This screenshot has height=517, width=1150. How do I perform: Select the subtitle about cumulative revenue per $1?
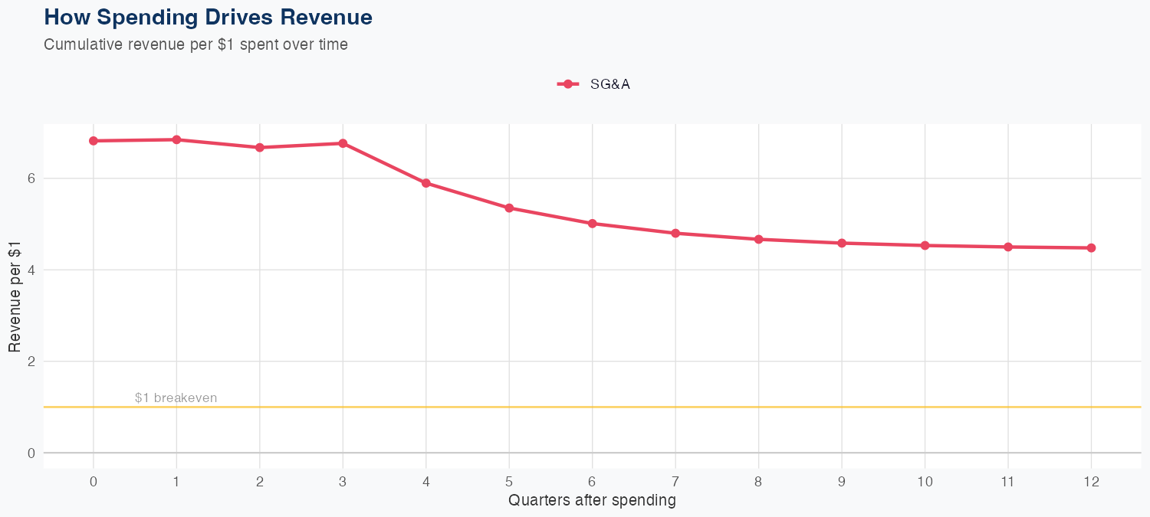point(195,44)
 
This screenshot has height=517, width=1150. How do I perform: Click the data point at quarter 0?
point(94,141)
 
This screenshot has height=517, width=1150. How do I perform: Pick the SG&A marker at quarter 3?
point(343,143)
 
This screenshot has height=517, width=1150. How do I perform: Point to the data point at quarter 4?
point(426,183)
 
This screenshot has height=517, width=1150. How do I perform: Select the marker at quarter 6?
point(592,224)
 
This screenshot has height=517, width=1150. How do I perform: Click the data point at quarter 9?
point(842,243)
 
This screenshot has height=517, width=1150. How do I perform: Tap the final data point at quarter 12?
point(1091,247)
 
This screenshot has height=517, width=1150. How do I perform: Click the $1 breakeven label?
point(176,398)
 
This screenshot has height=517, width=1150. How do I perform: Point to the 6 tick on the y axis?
point(31,178)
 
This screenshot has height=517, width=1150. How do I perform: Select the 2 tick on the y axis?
point(31,362)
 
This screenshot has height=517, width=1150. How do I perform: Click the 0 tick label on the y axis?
point(31,453)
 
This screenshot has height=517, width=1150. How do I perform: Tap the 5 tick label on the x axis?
point(509,482)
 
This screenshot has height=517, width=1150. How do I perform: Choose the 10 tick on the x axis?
point(925,482)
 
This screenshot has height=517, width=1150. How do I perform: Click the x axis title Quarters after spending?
point(592,501)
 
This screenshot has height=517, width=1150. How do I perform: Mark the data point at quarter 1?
point(176,139)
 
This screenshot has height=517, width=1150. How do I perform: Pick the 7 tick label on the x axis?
point(675,482)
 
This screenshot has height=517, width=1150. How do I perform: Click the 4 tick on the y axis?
point(31,270)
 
